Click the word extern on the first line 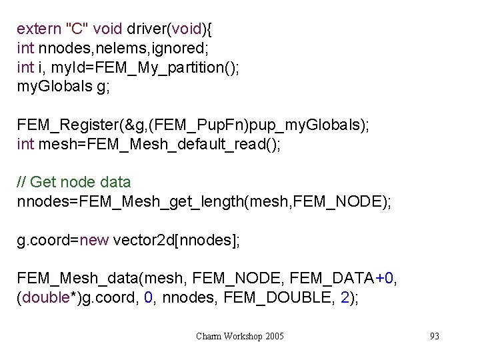click(x=38, y=29)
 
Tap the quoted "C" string click(x=75, y=29)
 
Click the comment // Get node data click(x=73, y=182)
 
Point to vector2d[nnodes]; click(x=177, y=240)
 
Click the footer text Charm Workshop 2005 click(x=240, y=336)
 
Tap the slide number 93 click(x=435, y=336)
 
